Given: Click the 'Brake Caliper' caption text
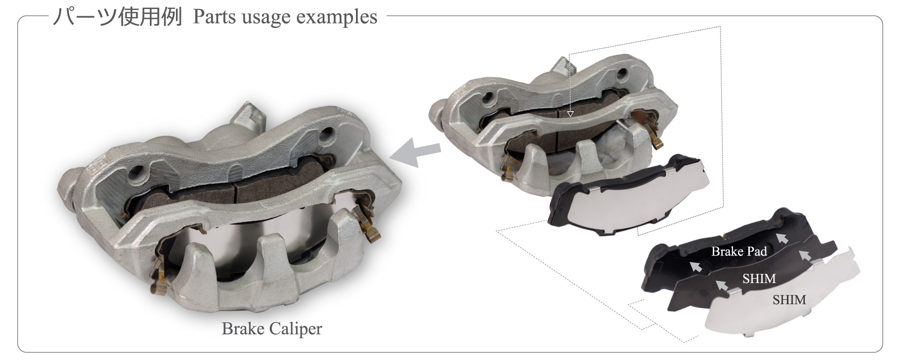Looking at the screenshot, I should click(x=272, y=329).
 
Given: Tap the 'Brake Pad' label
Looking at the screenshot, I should click(x=739, y=251).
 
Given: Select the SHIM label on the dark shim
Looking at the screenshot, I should click(x=759, y=279).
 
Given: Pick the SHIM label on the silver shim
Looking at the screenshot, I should click(x=789, y=300).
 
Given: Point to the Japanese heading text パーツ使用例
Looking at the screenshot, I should click(x=117, y=18).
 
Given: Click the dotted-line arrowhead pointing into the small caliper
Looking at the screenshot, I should click(x=570, y=114).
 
